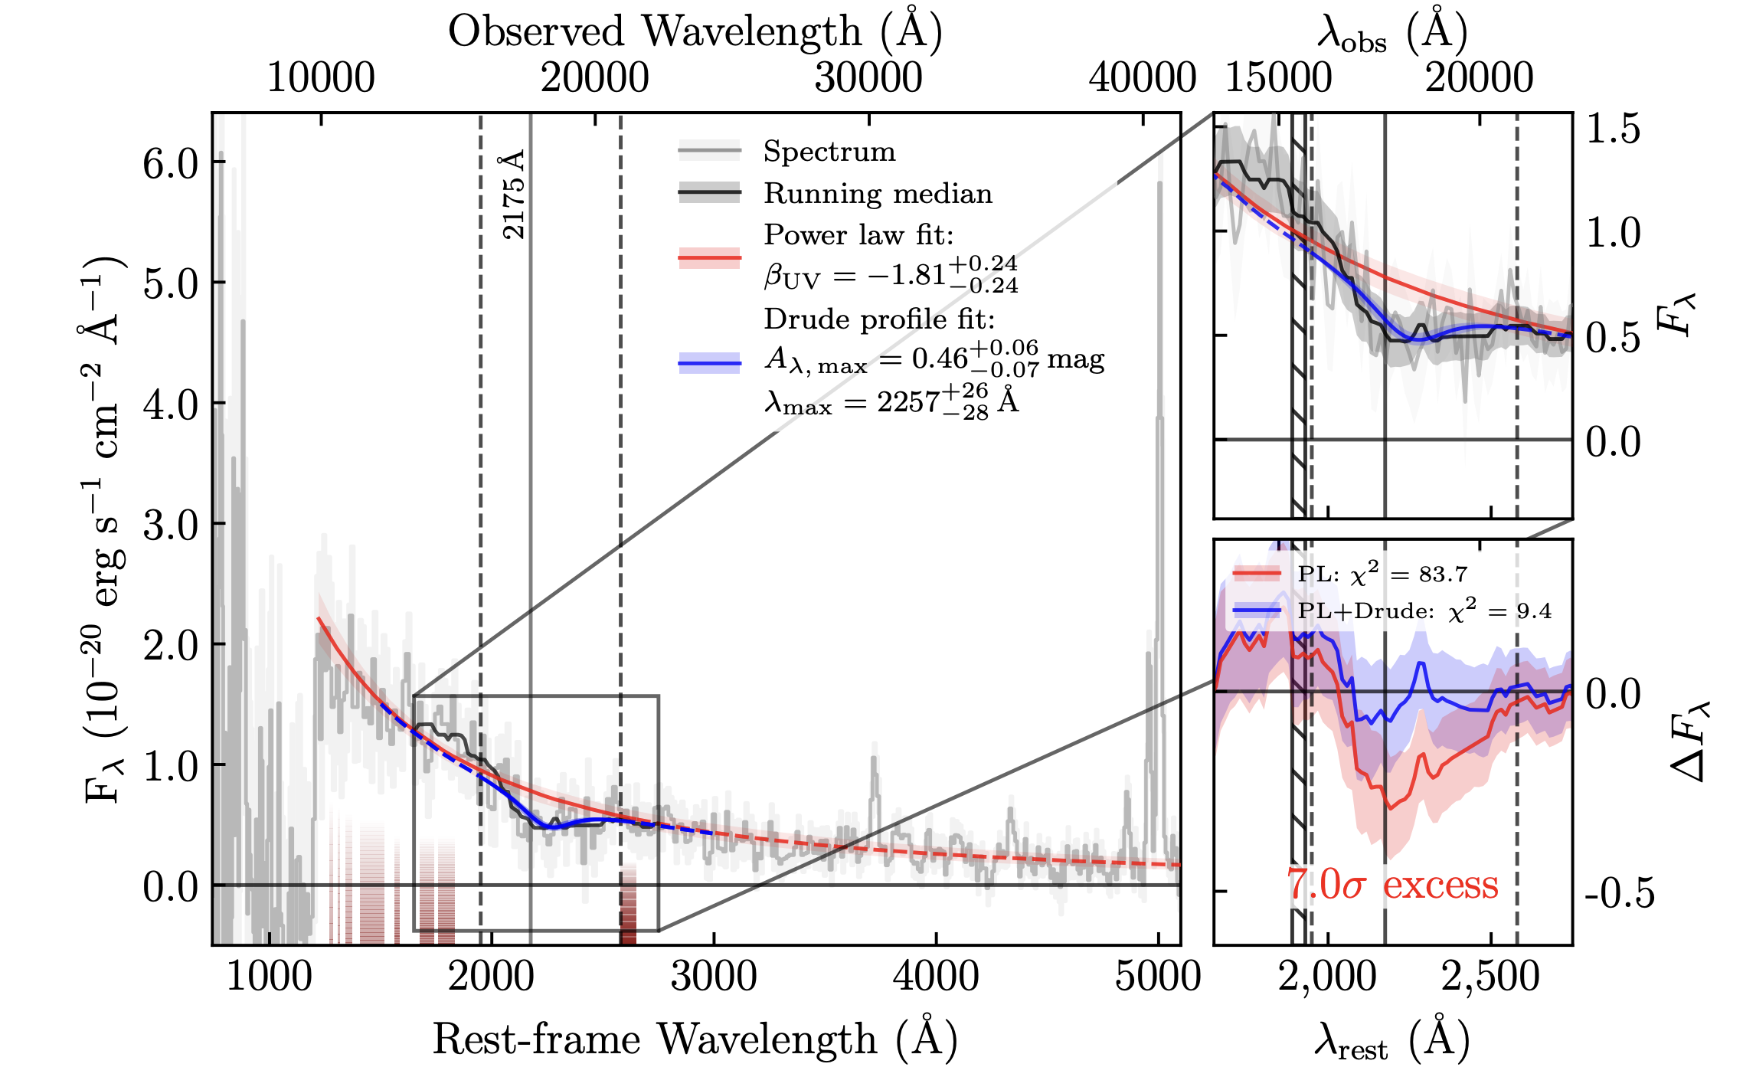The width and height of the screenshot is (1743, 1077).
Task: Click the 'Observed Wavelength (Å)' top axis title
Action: (695, 32)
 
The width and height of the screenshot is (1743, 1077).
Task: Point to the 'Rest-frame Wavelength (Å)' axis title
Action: (695, 1040)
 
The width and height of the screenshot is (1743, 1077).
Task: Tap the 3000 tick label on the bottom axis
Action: (714, 977)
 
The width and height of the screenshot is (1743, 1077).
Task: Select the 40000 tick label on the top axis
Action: (1143, 78)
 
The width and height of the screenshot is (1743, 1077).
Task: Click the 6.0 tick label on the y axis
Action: (170, 163)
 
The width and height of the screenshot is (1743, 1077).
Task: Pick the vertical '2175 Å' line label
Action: (514, 195)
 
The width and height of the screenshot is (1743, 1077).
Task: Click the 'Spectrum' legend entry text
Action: (829, 152)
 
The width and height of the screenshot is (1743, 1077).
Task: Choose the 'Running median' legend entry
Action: (878, 194)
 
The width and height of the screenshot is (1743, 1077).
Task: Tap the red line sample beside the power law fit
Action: (709, 257)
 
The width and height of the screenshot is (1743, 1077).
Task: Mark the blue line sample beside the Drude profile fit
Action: (709, 362)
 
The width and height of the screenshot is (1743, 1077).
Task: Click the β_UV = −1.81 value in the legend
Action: (891, 275)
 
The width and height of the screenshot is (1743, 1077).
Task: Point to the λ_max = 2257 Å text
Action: (891, 401)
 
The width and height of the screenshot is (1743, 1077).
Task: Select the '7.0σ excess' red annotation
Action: (1392, 885)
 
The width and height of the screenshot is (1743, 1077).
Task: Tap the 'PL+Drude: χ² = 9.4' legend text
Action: (1424, 611)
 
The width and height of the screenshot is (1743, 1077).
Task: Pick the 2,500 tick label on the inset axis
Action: (1490, 977)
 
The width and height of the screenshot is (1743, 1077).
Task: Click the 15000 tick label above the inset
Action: (1279, 78)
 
